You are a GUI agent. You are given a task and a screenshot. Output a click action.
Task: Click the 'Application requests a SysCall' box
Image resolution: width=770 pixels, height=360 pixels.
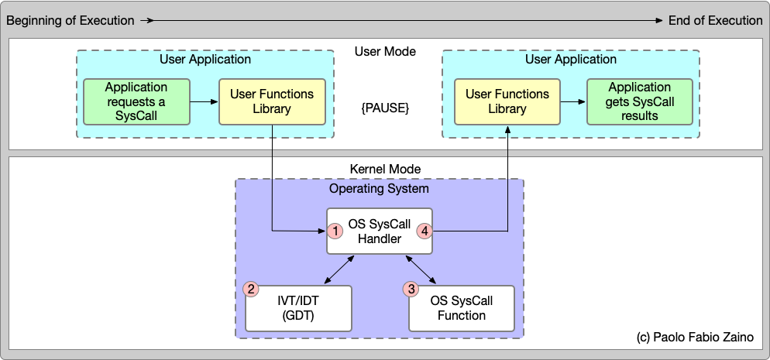(x=136, y=101)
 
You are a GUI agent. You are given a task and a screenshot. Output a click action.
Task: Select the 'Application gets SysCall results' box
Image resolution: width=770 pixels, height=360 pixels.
(x=639, y=101)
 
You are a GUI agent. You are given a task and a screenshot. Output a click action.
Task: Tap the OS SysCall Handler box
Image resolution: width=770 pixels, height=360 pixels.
(x=379, y=231)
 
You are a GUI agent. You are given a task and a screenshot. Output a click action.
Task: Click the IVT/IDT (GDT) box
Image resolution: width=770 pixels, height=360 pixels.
(x=298, y=308)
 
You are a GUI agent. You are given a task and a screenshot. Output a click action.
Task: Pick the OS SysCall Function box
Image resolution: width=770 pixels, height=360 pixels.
(x=462, y=308)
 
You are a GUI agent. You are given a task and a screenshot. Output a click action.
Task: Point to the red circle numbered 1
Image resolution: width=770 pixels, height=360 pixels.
(x=335, y=231)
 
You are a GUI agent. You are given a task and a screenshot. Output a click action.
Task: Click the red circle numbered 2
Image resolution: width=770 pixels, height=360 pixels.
(x=251, y=289)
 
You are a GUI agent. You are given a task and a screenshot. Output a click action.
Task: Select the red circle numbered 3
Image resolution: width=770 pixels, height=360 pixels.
(x=411, y=289)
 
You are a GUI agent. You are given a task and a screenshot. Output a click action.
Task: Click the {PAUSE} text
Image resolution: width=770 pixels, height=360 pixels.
(x=385, y=108)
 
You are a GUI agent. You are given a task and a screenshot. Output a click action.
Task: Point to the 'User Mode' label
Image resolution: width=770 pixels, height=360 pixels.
(x=385, y=52)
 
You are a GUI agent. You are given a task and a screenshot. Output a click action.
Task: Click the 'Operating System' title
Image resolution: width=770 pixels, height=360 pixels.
(x=379, y=188)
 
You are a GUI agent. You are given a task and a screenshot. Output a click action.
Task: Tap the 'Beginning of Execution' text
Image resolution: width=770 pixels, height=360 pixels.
(x=70, y=20)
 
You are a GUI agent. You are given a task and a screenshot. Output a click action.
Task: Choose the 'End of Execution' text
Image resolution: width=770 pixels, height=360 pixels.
(x=715, y=20)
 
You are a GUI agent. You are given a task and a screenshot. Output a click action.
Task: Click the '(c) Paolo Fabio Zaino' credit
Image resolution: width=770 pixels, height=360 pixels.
(x=696, y=338)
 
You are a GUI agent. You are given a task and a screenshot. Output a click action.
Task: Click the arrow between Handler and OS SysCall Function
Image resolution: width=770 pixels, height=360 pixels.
(x=421, y=269)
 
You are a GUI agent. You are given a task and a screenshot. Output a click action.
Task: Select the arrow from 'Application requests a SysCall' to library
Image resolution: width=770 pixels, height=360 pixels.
(x=205, y=101)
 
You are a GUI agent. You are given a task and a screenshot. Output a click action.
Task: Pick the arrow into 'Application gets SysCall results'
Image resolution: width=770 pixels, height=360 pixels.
(x=573, y=101)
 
